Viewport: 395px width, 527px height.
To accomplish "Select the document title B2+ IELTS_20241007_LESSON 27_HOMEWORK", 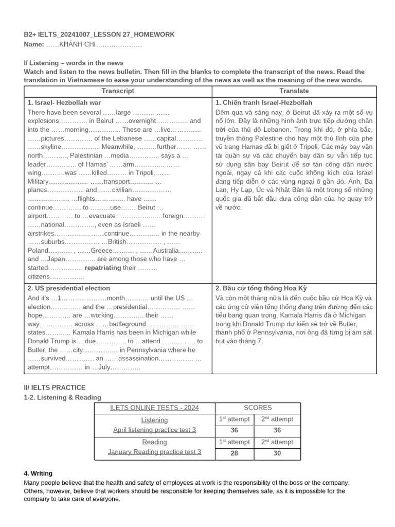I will [99, 34].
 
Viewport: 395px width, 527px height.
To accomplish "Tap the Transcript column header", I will [118, 91].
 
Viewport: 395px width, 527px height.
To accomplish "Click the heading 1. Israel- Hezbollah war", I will [64, 103].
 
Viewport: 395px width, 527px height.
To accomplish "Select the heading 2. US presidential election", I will [68, 288].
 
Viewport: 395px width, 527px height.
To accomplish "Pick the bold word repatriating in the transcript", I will [103, 268].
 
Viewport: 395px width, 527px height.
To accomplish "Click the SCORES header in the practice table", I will [258, 408].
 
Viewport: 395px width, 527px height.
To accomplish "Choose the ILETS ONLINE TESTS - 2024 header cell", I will [154, 408].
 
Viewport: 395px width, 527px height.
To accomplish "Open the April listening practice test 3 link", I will [154, 430].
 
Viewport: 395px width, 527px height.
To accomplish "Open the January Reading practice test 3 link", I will [154, 452].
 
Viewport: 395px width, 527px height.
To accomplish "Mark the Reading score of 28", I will [235, 453].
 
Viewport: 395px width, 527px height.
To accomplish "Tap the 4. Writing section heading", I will [38, 473].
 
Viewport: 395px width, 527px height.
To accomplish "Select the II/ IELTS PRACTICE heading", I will [55, 387].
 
